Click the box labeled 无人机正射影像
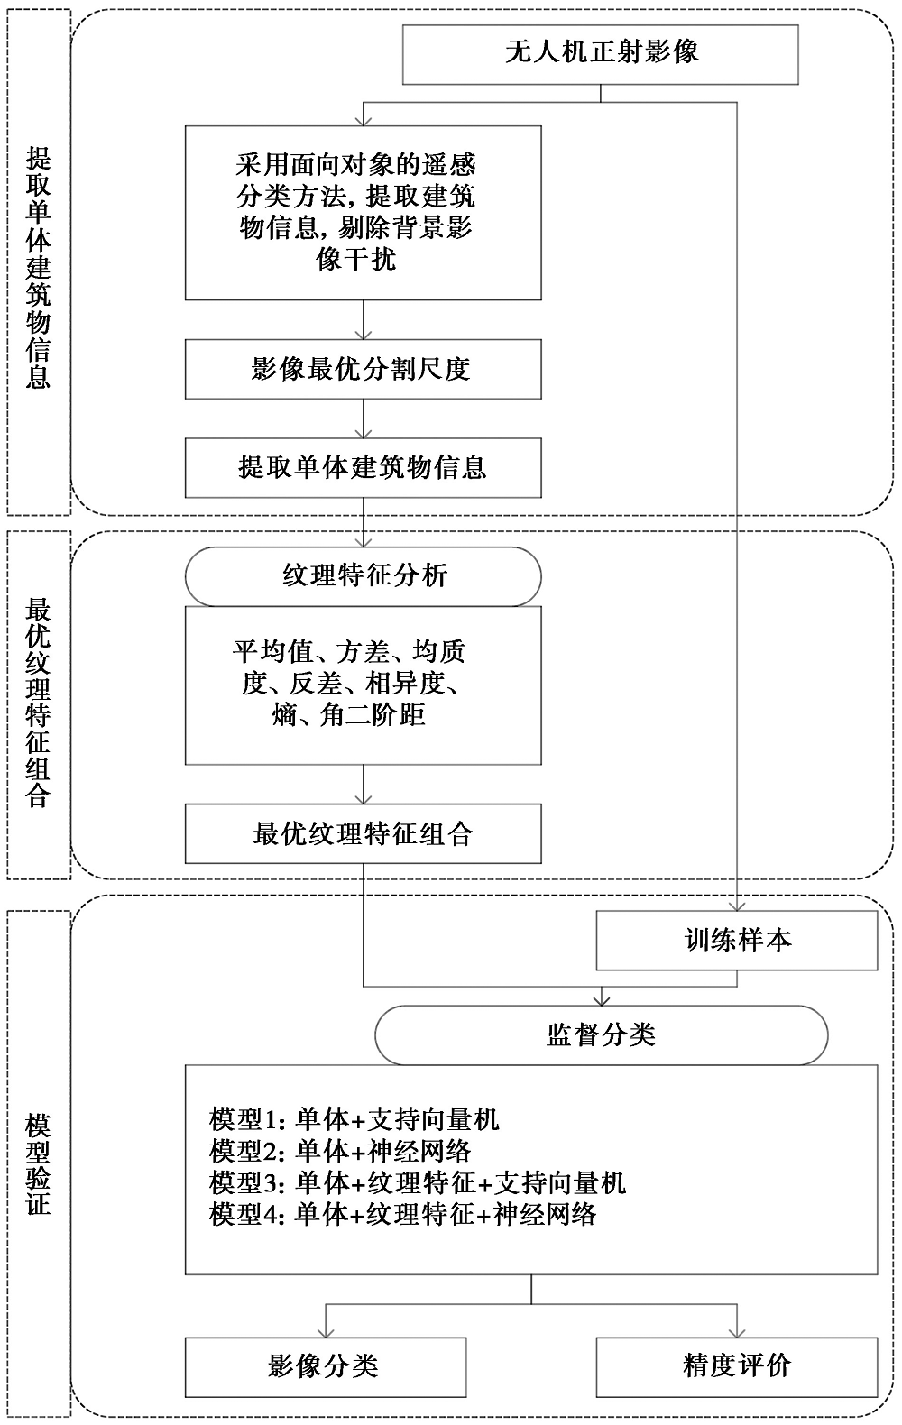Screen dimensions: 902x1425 pyautogui.click(x=601, y=55)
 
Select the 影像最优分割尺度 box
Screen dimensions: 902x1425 pyautogui.click(x=364, y=369)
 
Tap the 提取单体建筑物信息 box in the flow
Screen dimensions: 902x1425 pyautogui.click(x=364, y=467)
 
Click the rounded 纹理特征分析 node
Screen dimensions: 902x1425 pyautogui.click(x=364, y=576)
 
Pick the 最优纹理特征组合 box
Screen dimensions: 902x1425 pyautogui.click(x=364, y=833)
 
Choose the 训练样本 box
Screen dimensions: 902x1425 pyautogui.click(x=737, y=941)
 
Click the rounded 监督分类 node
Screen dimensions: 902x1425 pyautogui.click(x=601, y=1035)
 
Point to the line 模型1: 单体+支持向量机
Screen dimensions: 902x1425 pyautogui.click(x=354, y=1136)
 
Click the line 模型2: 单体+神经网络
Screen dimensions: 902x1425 pyautogui.click(x=340, y=1169)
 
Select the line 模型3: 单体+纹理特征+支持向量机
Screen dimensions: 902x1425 pyautogui.click(x=418, y=1200)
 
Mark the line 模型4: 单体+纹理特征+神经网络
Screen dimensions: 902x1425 pyautogui.click(x=403, y=1232)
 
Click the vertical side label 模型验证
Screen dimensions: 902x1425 pyautogui.click(x=38, y=1165)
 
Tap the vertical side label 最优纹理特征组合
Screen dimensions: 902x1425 pyautogui.click(x=38, y=703)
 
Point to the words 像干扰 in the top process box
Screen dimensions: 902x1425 pyautogui.click(x=355, y=259)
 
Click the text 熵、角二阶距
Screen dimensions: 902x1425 pyautogui.click(x=348, y=714)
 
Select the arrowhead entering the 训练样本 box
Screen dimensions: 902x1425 pyautogui.click(x=737, y=906)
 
